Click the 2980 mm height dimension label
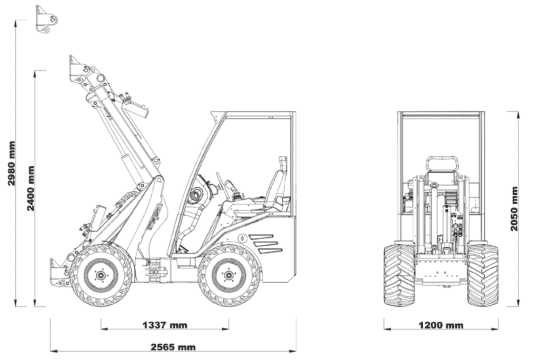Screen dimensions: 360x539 point(11,163)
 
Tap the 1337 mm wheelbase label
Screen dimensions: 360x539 point(164,325)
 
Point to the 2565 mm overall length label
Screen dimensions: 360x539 point(173,347)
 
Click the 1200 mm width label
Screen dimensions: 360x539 point(441,325)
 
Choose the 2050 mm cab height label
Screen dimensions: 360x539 point(514,208)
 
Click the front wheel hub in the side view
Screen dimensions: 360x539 point(101,275)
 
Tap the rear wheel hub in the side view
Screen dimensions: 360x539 point(229,275)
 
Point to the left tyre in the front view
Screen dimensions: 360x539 point(399,275)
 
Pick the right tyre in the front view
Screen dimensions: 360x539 point(483,275)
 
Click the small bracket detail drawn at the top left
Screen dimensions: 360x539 point(46,19)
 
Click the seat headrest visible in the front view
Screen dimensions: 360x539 point(442,164)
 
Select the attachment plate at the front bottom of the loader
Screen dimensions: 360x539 point(58,272)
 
